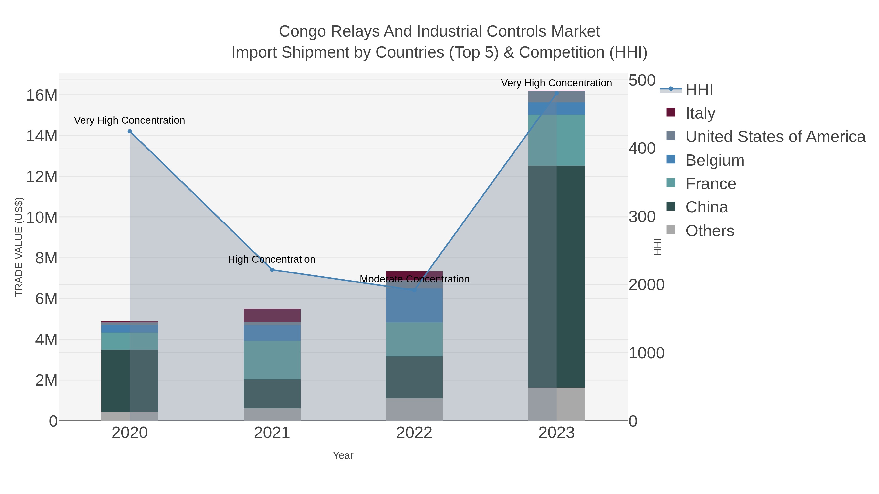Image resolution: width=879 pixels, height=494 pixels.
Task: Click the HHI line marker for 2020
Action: [130, 131]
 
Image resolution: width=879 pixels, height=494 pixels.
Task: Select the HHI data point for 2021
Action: [272, 270]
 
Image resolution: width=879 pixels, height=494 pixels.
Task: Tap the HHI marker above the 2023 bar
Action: [556, 93]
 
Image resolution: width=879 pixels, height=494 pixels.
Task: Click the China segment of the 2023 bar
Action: [556, 276]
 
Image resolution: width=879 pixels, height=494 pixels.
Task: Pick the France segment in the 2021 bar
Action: [272, 360]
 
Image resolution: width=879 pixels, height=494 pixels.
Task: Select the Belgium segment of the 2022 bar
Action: [414, 305]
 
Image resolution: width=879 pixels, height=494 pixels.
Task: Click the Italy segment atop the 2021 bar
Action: [272, 315]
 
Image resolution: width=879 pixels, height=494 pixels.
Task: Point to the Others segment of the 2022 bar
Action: [414, 409]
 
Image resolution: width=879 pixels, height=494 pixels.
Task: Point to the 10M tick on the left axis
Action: [42, 217]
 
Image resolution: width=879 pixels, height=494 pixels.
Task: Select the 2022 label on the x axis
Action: [414, 433]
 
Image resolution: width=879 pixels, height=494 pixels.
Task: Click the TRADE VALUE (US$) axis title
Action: [19, 247]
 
